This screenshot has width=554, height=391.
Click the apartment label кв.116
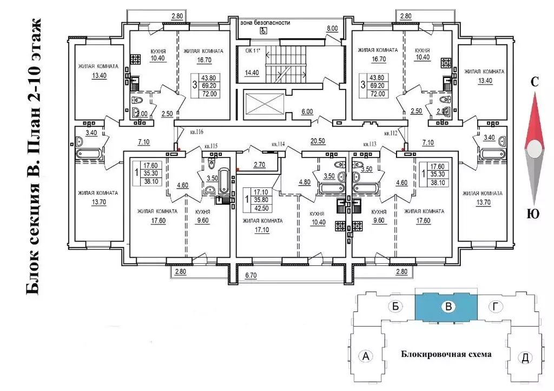click(196, 132)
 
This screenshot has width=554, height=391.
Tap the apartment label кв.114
click(279, 144)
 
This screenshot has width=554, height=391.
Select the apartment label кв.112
click(391, 133)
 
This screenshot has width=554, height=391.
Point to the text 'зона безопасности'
click(267, 23)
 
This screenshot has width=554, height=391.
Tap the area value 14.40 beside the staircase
click(252, 72)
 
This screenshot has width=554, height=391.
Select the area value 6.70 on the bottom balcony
click(250, 276)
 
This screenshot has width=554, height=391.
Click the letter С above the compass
click(534, 82)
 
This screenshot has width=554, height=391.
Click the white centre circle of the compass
click(535, 148)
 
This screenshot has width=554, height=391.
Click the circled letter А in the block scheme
click(366, 356)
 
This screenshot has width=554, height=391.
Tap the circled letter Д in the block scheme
click(524, 357)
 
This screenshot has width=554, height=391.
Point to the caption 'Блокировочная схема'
click(446, 354)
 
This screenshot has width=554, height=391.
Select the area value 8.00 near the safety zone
click(332, 28)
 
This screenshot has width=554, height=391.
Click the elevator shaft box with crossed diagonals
click(265, 105)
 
